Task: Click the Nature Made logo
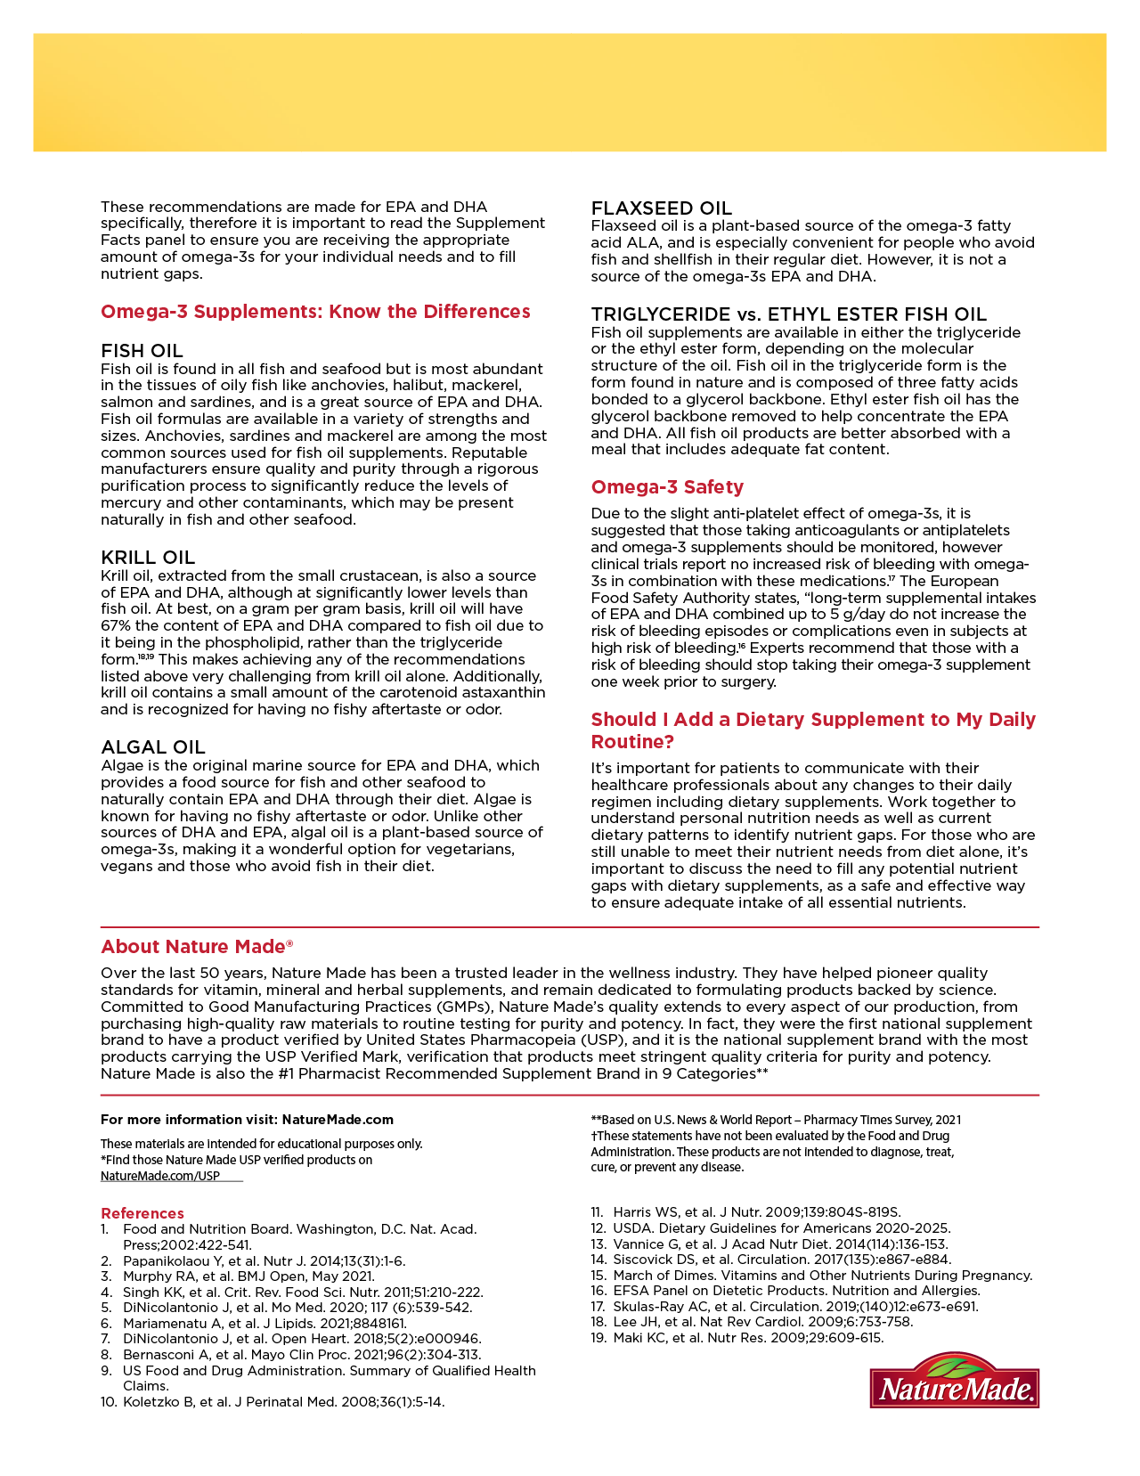tap(954, 1381)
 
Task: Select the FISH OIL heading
tap(142, 351)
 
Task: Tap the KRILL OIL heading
tap(148, 558)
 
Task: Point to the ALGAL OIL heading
tap(153, 747)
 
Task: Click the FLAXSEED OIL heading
tap(662, 208)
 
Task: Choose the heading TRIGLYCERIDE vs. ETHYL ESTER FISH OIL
tap(789, 314)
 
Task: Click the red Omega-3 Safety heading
tap(667, 487)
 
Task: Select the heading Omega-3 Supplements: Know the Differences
tap(315, 312)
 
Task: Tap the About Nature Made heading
tap(197, 947)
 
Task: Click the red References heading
tap(142, 1213)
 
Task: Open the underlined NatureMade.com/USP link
tap(160, 1176)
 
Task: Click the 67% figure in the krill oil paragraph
tap(118, 626)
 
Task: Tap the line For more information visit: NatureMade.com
tap(247, 1120)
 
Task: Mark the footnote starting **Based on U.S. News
tap(776, 1120)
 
